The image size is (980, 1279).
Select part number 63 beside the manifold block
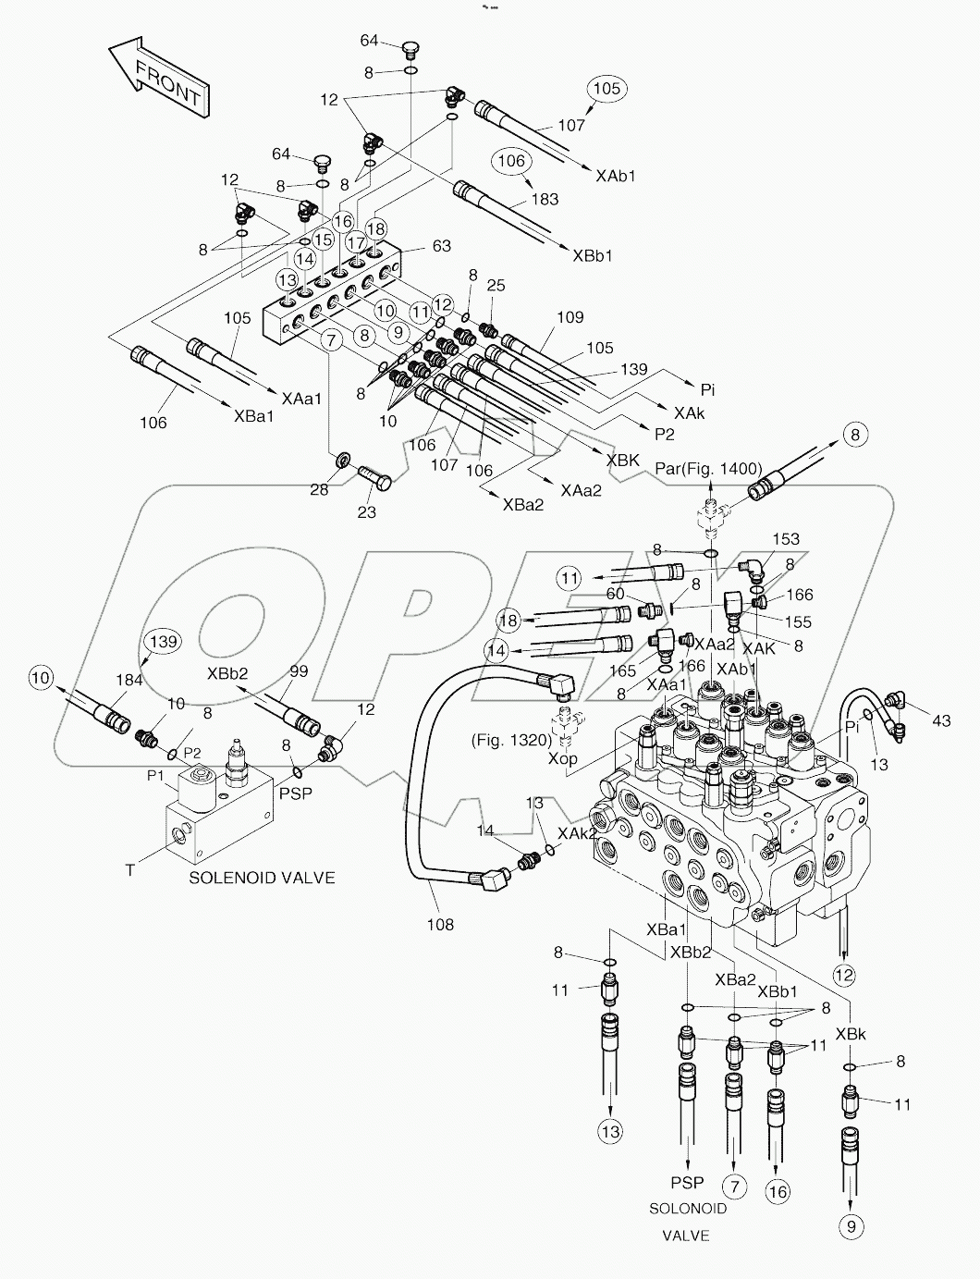pyautogui.click(x=442, y=245)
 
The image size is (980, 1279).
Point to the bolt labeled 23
pyautogui.click(x=367, y=510)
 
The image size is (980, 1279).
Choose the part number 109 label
pyautogui.click(x=570, y=317)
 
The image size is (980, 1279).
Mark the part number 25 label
pyautogui.click(x=496, y=286)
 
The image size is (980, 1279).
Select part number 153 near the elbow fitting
pyautogui.click(x=785, y=539)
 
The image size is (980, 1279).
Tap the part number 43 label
pyautogui.click(x=941, y=720)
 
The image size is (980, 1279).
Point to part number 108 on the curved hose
pyautogui.click(x=440, y=923)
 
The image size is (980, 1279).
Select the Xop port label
pyautogui.click(x=563, y=757)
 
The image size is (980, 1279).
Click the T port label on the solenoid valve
pyautogui.click(x=130, y=870)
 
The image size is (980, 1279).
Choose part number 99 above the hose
pyautogui.click(x=297, y=672)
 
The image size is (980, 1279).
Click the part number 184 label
pyautogui.click(x=129, y=681)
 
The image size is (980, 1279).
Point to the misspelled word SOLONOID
pyautogui.click(x=687, y=1208)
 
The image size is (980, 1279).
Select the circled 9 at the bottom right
pyautogui.click(x=851, y=1226)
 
